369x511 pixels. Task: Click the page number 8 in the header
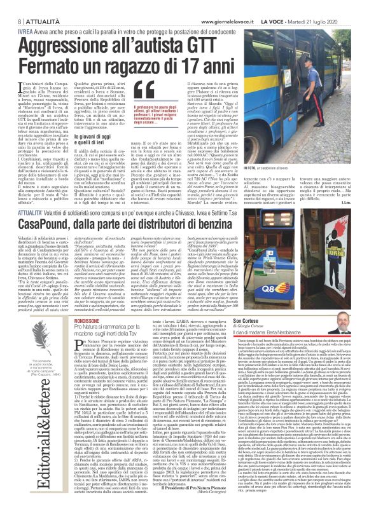11,5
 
